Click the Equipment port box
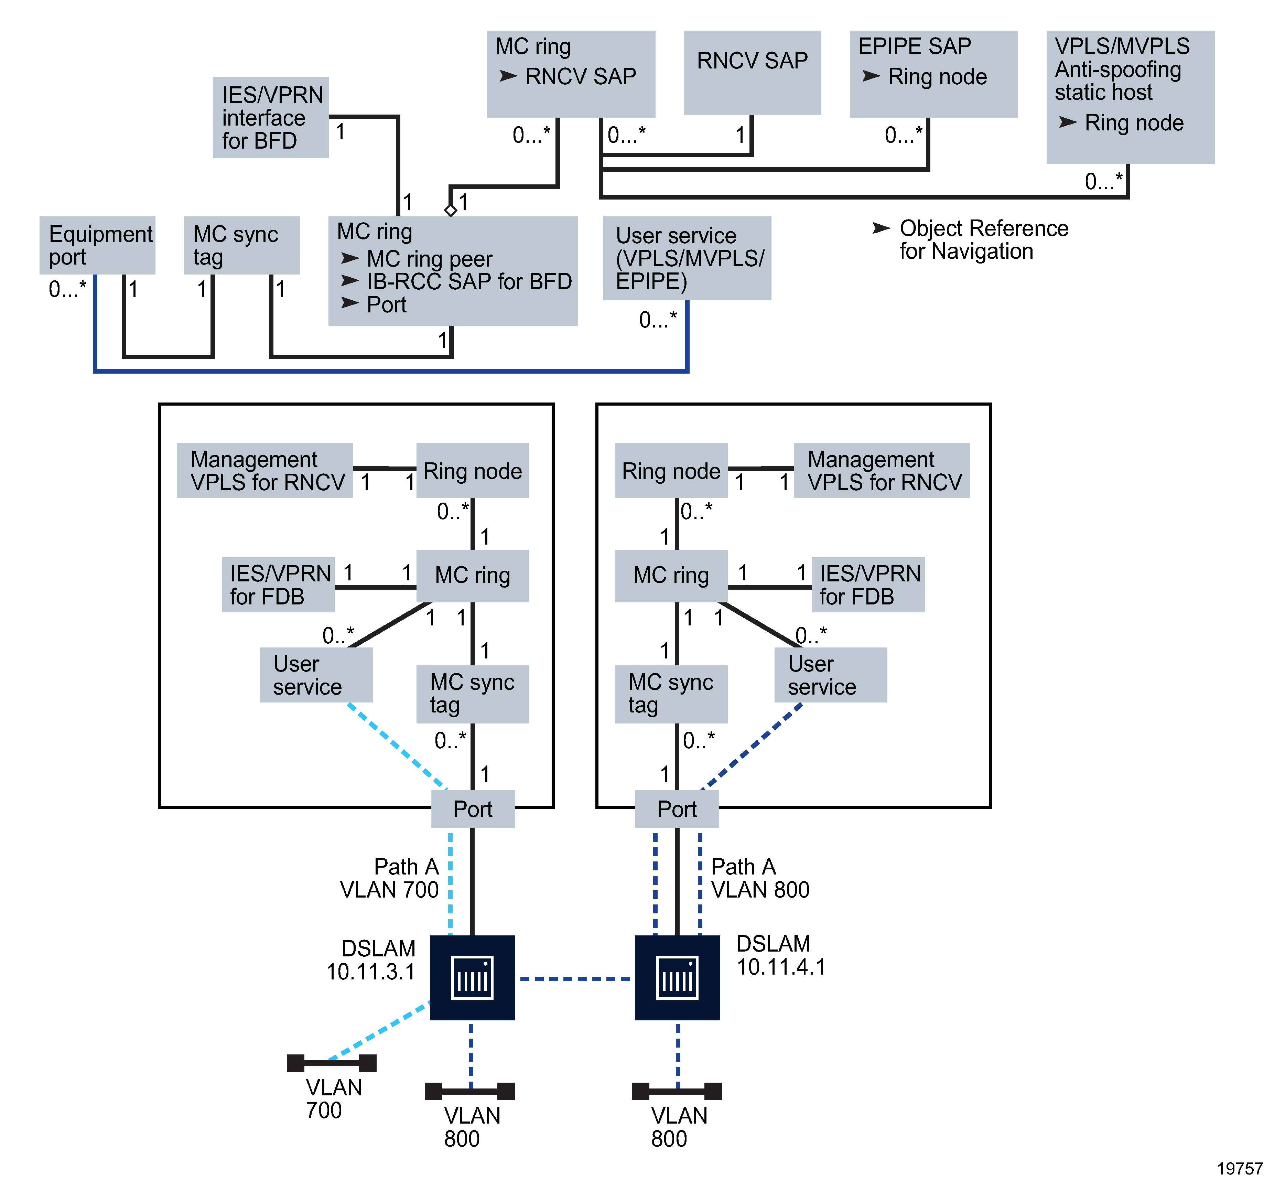97,245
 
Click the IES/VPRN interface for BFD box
270,118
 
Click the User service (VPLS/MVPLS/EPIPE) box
687,258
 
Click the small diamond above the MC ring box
451,210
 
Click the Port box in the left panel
473,808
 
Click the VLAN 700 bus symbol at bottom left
331,1062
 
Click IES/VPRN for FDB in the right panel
868,584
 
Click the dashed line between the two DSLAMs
575,978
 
